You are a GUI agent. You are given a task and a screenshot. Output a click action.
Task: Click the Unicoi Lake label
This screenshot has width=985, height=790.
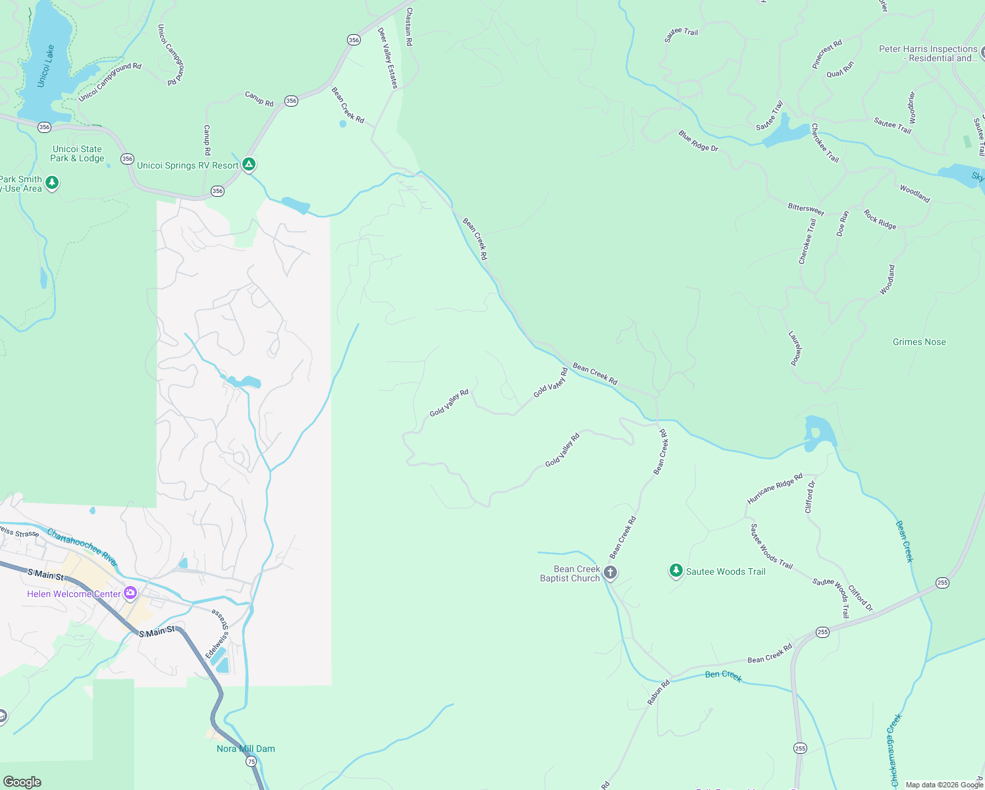pos(46,66)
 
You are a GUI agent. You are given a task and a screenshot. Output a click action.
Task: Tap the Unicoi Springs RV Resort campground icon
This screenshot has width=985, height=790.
pos(249,164)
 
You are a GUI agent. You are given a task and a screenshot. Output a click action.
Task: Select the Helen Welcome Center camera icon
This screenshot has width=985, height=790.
pos(130,593)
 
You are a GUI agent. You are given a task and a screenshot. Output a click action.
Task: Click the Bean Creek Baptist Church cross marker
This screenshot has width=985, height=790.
pos(610,572)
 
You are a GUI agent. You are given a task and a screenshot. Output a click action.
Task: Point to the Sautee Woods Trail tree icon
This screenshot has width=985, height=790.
pos(676,571)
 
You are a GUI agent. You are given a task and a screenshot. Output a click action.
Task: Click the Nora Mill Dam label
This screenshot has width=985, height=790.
pos(246,749)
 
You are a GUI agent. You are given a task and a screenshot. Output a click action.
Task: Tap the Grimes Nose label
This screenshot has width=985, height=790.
pos(919,342)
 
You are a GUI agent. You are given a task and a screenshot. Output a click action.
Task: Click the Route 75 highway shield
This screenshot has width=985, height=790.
pos(252,761)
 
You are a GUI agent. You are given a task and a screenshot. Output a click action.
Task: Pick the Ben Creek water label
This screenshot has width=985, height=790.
pos(723,675)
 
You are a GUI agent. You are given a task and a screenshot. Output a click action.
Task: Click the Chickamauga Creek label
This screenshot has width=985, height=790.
pos(894,750)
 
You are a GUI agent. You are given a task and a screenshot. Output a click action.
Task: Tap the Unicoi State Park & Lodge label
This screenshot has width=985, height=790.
pos(78,153)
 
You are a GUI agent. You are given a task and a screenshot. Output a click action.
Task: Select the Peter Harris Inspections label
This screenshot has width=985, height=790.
pos(928,53)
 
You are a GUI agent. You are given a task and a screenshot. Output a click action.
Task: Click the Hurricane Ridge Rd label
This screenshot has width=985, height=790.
pos(774,488)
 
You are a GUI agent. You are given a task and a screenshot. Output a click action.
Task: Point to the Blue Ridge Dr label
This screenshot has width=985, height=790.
pos(699,141)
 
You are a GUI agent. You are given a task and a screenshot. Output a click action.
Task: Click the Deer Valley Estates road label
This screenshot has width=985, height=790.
pos(388,58)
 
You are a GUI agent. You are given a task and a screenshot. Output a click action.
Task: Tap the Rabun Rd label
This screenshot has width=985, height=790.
pos(658,693)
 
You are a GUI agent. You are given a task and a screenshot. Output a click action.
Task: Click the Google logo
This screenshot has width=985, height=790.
pos(22,781)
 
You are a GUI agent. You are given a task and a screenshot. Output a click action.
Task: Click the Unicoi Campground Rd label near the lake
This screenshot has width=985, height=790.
pos(110,82)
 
